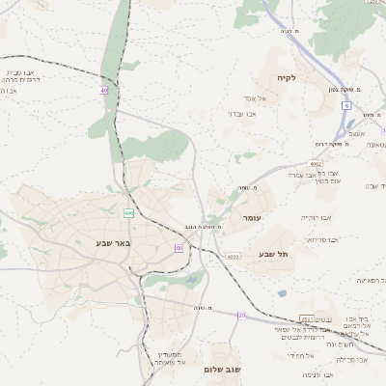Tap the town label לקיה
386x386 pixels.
tap(285, 77)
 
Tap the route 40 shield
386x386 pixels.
tap(104, 91)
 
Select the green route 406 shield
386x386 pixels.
tap(128, 212)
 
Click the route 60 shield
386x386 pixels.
tap(179, 248)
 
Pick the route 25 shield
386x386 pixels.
tap(242, 315)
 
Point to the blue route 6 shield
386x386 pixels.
tap(345, 105)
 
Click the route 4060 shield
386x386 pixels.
tap(233, 257)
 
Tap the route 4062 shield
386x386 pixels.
tap(316, 164)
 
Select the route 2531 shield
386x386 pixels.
tap(307, 319)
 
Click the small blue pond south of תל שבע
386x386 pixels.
tap(281, 292)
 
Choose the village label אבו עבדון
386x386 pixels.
tap(240, 114)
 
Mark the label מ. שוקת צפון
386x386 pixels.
tap(344, 90)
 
